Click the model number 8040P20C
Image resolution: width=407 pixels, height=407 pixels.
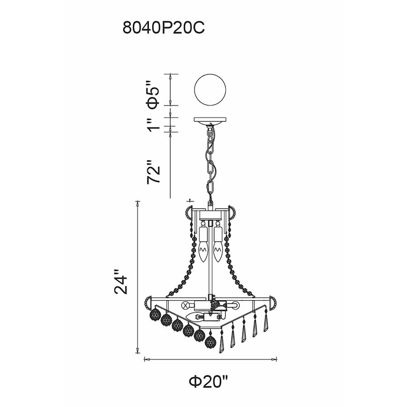[164, 28]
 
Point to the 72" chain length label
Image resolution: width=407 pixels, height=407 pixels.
[153, 172]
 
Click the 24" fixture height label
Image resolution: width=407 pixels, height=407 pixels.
[121, 282]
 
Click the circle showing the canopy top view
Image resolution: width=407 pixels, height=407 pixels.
[210, 90]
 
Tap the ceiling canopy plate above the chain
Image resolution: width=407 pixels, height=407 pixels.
[210, 120]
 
